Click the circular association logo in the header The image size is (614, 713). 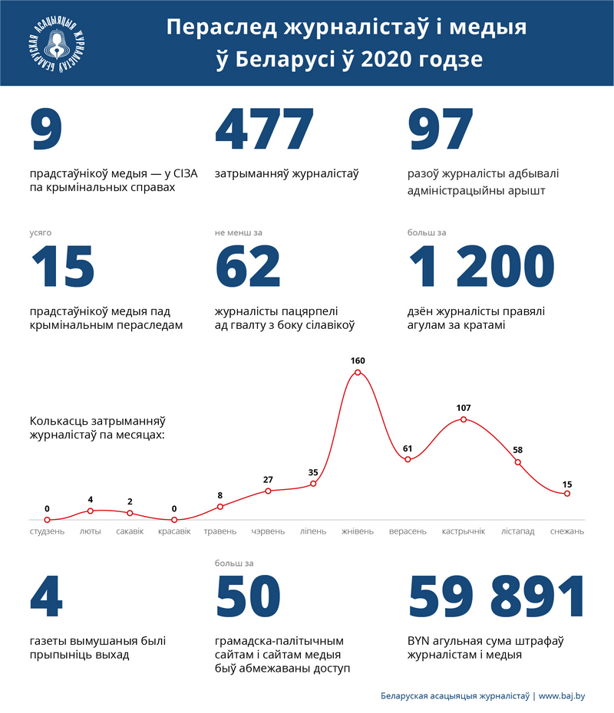click(54, 42)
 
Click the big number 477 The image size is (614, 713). click(265, 131)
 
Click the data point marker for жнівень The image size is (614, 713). click(358, 373)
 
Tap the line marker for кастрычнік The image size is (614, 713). click(463, 419)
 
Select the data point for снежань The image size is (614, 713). click(566, 494)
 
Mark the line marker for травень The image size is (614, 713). click(220, 507)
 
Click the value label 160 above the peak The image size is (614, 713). click(358, 360)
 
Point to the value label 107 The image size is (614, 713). click(463, 407)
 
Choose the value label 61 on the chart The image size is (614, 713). click(408, 448)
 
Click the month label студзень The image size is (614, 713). click(48, 531)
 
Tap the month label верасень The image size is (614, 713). click(408, 531)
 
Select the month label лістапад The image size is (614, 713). click(517, 531)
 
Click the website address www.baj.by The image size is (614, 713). click(562, 696)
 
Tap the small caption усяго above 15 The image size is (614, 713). click(41, 232)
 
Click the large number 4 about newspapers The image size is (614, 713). click(46, 597)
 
